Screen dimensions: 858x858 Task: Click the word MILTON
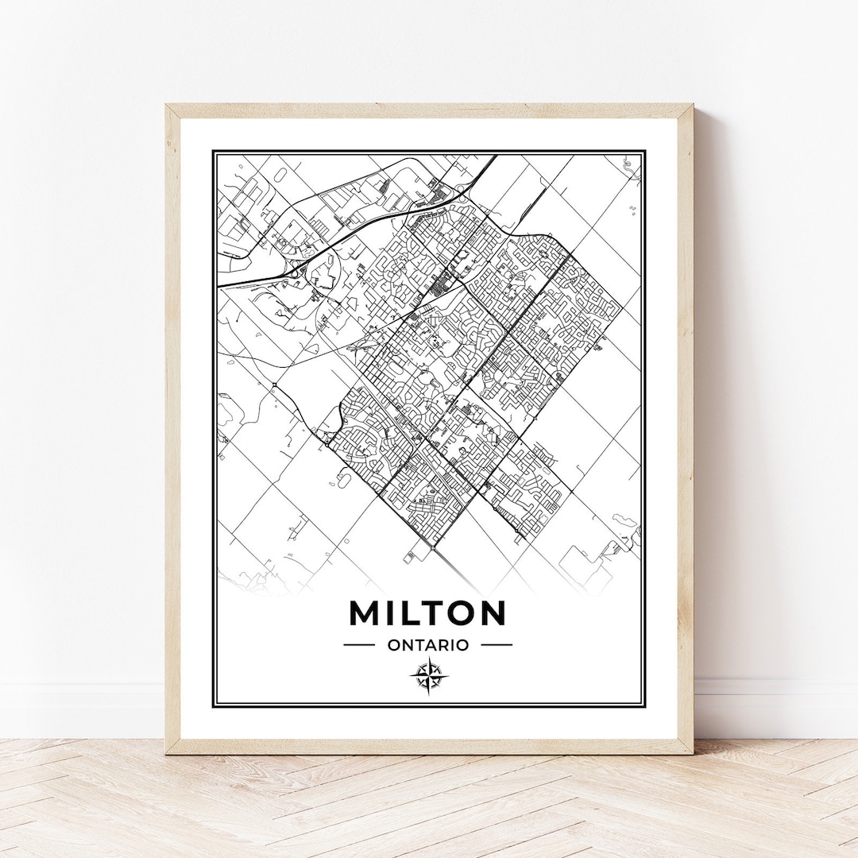coord(427,613)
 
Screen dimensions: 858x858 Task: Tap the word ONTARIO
coord(428,645)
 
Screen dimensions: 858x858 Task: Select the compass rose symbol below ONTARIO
coord(429,677)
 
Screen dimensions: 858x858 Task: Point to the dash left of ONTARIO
coord(359,645)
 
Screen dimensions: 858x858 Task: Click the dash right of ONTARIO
coord(497,645)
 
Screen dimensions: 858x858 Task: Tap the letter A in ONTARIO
coord(435,645)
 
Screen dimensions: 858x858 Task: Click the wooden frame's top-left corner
coord(167,105)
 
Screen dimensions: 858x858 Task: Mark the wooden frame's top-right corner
coord(692,105)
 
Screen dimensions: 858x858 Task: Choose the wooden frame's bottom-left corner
coord(167,752)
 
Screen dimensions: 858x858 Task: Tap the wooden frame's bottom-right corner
coord(692,752)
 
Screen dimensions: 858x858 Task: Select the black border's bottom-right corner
coord(644,706)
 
